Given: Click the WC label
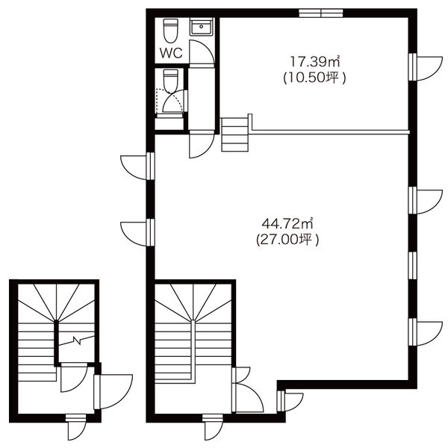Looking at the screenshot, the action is coord(171,53).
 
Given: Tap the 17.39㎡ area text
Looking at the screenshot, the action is coord(315,61).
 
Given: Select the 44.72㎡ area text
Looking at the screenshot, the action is coord(287,223).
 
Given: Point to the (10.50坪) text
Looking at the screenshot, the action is coord(314,78).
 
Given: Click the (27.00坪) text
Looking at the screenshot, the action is coord(287,240).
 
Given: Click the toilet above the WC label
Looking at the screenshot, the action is coord(170,31).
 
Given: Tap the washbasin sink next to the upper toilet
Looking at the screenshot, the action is coord(202,27).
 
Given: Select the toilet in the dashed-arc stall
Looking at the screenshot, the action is coord(170,81).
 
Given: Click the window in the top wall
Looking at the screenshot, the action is coord(321,13).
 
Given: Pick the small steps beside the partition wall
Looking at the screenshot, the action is coord(235,134).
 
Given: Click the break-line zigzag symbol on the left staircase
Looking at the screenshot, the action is coord(76,340).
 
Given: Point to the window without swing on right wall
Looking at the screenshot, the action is coord(413,265).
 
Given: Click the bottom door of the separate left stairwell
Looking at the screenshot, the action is coord(75,427).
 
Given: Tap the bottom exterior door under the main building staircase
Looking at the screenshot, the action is coord(213,427).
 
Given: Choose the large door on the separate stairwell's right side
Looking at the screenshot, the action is coord(113,391).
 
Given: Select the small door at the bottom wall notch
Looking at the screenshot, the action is coord(290,401).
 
